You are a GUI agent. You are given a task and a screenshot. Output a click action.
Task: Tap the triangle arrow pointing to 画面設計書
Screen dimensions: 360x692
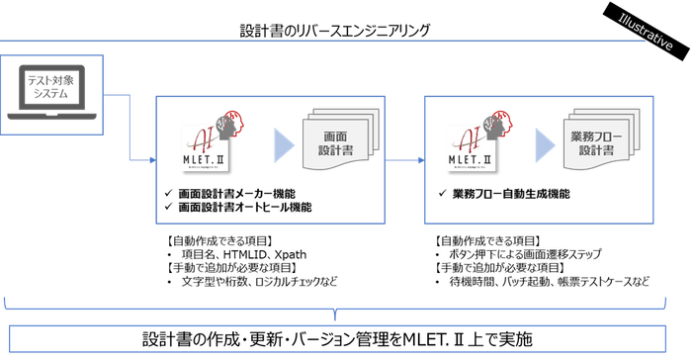[x=283, y=145]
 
